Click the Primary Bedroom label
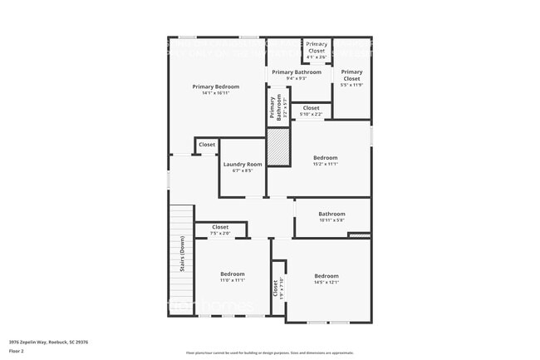[216, 90]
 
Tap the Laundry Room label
[243, 167]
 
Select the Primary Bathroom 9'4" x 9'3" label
[296, 75]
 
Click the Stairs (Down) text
[182, 254]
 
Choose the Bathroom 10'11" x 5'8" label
[331, 216]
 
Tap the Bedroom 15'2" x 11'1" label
[326, 160]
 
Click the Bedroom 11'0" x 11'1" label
[233, 277]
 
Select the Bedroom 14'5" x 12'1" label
[326, 279]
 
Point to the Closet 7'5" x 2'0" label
[220, 229]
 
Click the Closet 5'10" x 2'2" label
[311, 111]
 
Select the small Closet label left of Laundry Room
[207, 145]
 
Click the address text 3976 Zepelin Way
[49, 342]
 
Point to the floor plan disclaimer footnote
[270, 353]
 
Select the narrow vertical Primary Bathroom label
[273, 110]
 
